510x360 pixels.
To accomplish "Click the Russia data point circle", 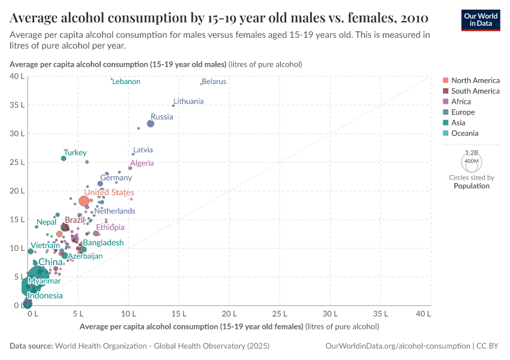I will [x=151, y=124].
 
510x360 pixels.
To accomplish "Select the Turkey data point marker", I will [x=64, y=158].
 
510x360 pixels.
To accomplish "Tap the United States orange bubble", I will [x=84, y=201].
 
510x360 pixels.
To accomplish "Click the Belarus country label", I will [x=214, y=82].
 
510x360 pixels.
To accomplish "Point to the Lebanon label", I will [x=126, y=82].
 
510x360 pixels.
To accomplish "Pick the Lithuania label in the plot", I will [x=188, y=101].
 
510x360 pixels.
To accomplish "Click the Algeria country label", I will [x=142, y=163].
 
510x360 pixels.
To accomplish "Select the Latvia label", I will [x=143, y=150].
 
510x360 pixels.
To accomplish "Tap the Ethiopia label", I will [x=110, y=227].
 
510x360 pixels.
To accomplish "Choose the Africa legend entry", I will [x=461, y=101].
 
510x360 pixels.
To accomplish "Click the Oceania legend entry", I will [x=464, y=133].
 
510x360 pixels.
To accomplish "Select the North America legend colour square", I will [x=445, y=80].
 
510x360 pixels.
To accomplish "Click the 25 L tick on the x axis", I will [x=280, y=314].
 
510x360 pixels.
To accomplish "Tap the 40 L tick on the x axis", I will [x=423, y=314].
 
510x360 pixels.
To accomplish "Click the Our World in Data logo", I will [x=481, y=20].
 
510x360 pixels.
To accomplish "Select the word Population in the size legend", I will [x=471, y=186].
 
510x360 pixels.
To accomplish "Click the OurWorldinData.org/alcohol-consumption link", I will [x=397, y=346].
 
